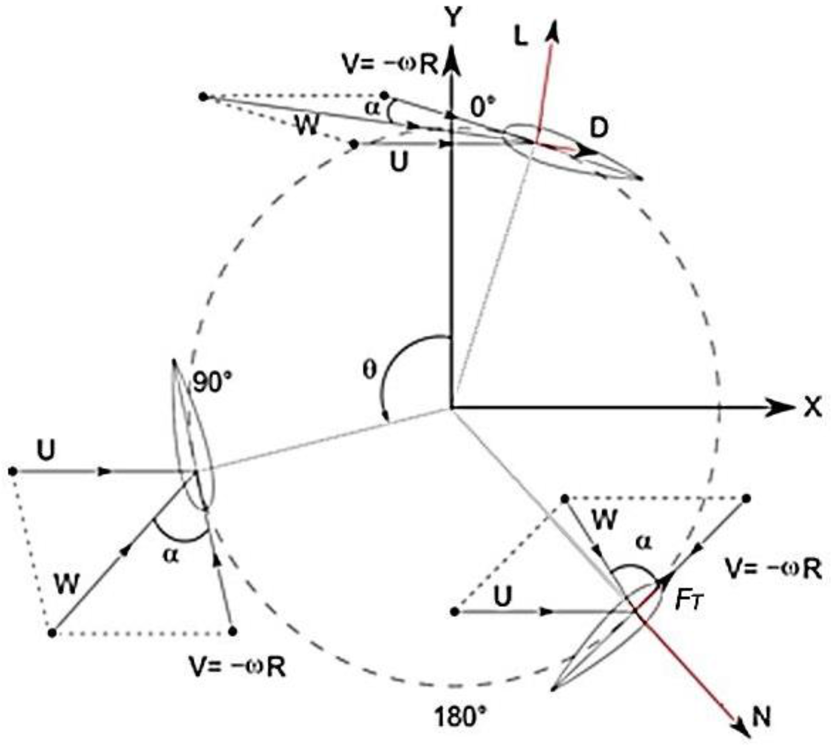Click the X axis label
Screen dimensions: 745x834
[x=813, y=408]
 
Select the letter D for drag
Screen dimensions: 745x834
[x=599, y=128]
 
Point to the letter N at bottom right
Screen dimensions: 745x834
[x=761, y=717]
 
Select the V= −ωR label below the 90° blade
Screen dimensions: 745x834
[x=237, y=668]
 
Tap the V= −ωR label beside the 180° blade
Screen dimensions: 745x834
[x=773, y=569]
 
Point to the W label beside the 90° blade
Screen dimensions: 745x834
[x=67, y=583]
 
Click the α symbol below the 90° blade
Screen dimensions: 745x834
[x=171, y=555]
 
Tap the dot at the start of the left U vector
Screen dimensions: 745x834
[x=13, y=471]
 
